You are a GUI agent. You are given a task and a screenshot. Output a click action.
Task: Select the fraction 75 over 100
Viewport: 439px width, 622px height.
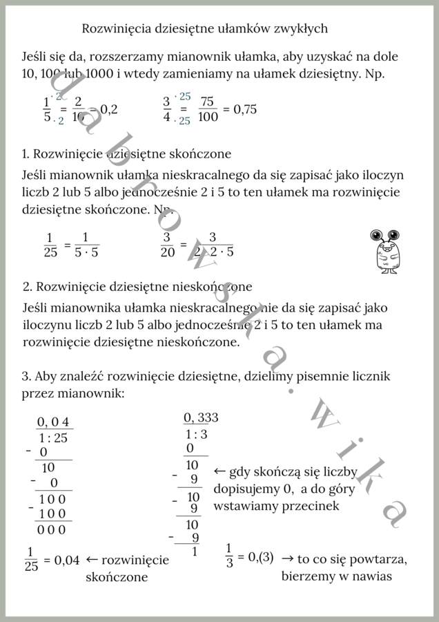point(206,109)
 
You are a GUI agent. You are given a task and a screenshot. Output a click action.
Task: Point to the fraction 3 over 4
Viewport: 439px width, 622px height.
point(166,109)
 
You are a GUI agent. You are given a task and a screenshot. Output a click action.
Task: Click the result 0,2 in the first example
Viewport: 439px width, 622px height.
point(108,109)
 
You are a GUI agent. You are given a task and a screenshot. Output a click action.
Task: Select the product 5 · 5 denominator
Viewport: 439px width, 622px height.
point(86,252)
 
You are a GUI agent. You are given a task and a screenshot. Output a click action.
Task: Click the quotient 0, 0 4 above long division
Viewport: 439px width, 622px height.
point(54,423)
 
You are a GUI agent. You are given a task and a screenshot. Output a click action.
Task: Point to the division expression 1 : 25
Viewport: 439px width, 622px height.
point(53,437)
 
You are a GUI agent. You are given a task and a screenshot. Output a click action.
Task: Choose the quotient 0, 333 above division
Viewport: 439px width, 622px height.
point(201,417)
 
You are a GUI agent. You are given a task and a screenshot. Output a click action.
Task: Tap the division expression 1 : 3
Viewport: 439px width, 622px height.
point(197,434)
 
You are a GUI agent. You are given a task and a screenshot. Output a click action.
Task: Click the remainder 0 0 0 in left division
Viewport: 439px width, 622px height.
point(52,529)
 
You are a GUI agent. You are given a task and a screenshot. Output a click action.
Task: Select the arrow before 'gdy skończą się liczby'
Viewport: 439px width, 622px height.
point(219,472)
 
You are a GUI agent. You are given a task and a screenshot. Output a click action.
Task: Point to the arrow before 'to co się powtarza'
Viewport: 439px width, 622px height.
point(288,558)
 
